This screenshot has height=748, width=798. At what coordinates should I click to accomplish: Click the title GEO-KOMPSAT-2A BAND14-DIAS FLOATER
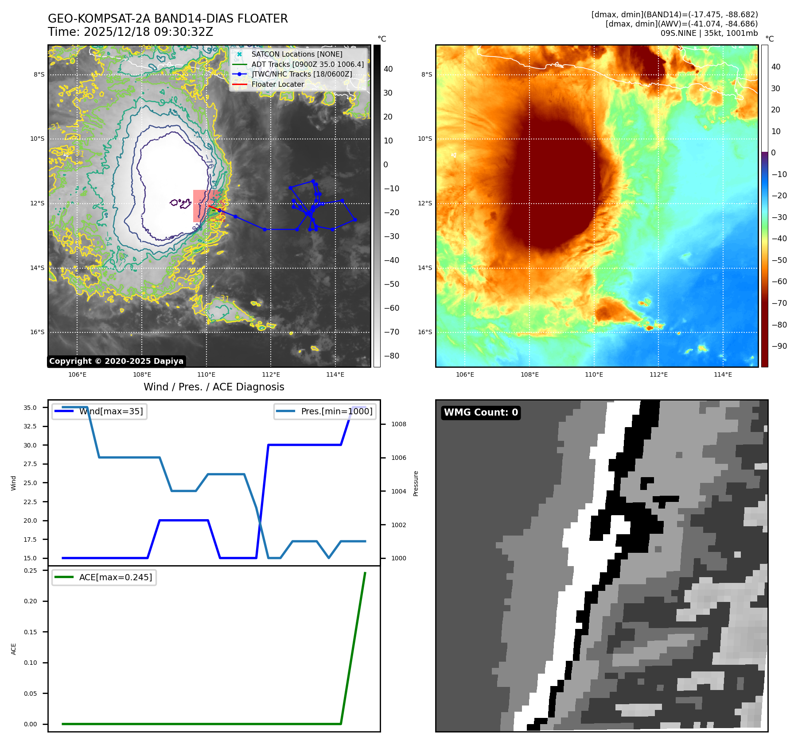click(167, 19)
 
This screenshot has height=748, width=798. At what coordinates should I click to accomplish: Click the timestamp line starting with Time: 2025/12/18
click(130, 32)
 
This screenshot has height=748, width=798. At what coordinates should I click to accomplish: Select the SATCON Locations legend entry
click(296, 54)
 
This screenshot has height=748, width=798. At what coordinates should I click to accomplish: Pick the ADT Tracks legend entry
click(307, 64)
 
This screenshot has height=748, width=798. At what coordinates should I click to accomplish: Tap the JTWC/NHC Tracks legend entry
click(301, 74)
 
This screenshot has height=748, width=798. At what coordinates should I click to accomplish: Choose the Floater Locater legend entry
click(277, 84)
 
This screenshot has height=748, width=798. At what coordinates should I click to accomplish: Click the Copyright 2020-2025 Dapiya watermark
click(116, 361)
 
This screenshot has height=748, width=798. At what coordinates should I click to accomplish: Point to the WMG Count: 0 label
click(481, 413)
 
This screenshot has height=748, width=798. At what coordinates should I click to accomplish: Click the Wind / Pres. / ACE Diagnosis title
click(214, 387)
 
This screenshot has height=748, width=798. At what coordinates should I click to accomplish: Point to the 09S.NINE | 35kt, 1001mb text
click(709, 33)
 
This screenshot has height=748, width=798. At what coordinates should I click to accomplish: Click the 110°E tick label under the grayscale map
click(206, 375)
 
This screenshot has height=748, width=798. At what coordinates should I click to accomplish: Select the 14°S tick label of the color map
click(425, 268)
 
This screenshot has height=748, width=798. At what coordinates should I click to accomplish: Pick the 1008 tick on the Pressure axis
click(398, 424)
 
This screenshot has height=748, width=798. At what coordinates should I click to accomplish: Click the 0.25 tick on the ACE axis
click(31, 571)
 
